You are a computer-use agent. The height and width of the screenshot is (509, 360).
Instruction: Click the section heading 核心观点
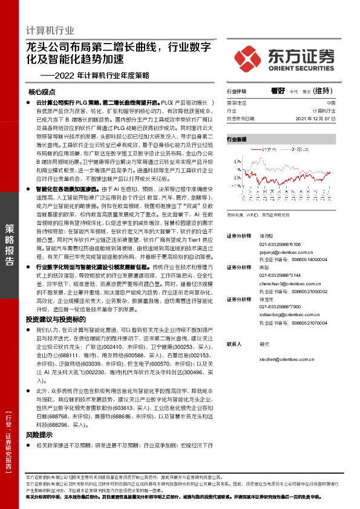click(42, 92)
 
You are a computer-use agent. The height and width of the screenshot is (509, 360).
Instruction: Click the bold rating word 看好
click(278, 91)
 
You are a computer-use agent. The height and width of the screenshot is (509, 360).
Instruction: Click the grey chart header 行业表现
click(237, 140)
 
